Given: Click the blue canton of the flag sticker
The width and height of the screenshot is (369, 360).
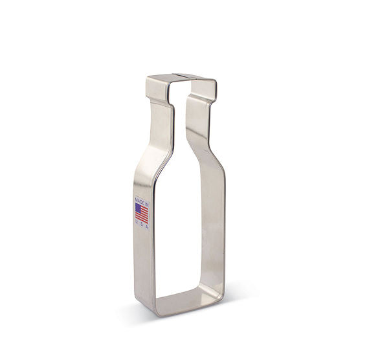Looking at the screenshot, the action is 139,207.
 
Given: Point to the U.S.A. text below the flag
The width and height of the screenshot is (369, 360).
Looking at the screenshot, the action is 142,227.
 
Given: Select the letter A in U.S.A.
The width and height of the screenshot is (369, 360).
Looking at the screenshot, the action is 147,227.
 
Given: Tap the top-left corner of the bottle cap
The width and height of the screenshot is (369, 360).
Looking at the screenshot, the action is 147,78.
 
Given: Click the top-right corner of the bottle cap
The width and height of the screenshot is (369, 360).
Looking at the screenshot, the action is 215,81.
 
